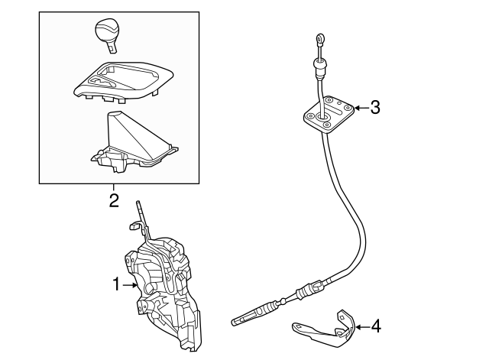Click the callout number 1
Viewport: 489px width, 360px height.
[116, 284]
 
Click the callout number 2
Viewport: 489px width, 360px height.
[113, 201]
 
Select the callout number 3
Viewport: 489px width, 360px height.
[374, 108]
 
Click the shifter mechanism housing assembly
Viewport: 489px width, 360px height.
[164, 290]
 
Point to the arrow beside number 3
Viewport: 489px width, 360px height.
[358, 108]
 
